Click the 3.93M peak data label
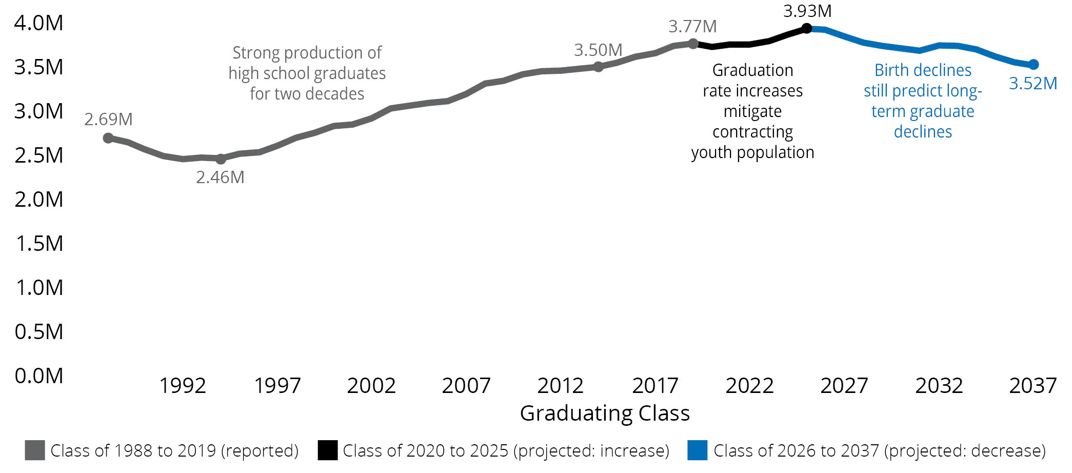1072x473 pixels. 807,11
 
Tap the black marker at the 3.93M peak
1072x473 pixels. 806,28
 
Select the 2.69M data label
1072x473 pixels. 108,119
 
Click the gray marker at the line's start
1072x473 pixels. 108,138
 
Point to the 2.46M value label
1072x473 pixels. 220,178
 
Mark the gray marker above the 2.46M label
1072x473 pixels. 221,159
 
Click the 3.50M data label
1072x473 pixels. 598,50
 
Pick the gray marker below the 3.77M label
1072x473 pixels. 693,44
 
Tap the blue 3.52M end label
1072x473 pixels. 1033,83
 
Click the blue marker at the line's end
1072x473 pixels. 1034,65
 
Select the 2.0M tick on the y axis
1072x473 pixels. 39,200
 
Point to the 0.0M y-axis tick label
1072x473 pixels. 39,376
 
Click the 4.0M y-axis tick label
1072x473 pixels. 39,23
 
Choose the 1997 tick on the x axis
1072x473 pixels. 277,386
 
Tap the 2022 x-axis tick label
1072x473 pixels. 749,386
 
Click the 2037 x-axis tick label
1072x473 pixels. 1033,386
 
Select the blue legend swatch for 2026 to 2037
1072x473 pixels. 697,450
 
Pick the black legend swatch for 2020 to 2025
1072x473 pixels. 327,450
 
